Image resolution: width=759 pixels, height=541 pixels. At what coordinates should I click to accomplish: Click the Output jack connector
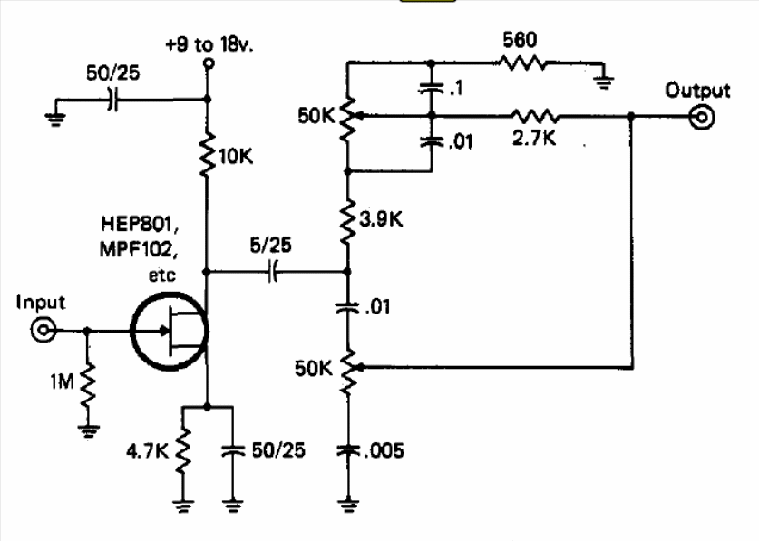[701, 116]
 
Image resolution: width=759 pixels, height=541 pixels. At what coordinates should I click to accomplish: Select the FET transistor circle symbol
[170, 332]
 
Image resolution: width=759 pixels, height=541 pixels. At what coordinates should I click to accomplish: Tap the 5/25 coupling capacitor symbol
[272, 270]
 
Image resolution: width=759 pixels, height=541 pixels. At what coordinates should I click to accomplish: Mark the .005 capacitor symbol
[349, 449]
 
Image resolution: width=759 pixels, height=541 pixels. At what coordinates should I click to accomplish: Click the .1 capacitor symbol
[431, 89]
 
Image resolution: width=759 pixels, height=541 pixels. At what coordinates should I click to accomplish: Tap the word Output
[696, 90]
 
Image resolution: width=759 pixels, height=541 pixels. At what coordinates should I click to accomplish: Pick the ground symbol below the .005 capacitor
[349, 502]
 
